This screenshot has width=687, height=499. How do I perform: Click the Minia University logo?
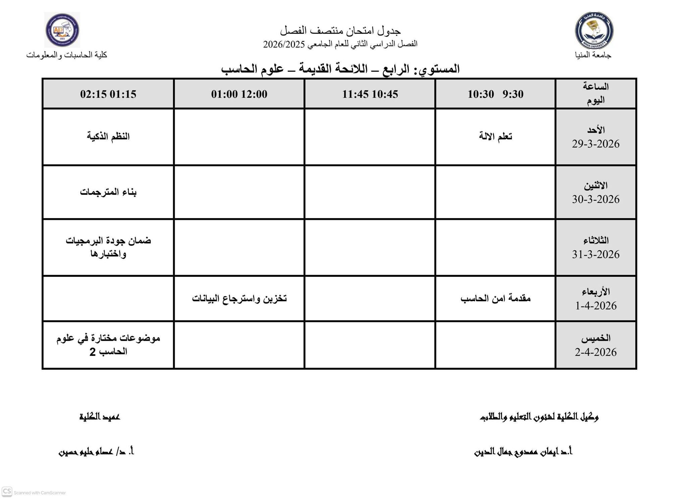click(x=594, y=30)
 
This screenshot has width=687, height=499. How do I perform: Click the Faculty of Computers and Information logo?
click(x=62, y=30)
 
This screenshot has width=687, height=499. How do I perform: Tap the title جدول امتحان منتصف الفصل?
click(x=340, y=31)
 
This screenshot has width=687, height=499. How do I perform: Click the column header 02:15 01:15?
click(x=108, y=94)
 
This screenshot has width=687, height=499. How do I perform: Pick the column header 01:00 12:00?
click(x=239, y=94)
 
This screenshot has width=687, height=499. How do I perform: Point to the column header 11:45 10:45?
click(x=370, y=94)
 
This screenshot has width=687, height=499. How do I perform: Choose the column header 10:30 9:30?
click(x=495, y=94)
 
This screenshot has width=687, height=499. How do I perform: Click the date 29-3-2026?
click(x=595, y=144)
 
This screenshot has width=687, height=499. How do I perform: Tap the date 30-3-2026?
click(x=595, y=199)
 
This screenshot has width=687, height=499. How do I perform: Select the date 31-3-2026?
click(x=595, y=254)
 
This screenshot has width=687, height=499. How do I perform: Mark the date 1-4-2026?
click(x=596, y=306)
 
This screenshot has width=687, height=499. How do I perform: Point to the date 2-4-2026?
click(x=595, y=352)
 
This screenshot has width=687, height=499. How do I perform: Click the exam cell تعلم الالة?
click(x=495, y=136)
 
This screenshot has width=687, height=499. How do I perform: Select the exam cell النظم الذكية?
click(x=108, y=136)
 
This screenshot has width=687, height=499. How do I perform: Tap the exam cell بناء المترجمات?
click(x=108, y=192)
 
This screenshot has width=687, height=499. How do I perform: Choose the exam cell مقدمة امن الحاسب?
click(x=495, y=298)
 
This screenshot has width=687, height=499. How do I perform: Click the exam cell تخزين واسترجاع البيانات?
click(x=239, y=298)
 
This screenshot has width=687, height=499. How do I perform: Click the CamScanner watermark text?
click(x=40, y=493)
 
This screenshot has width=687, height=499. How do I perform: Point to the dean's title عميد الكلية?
click(x=100, y=417)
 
